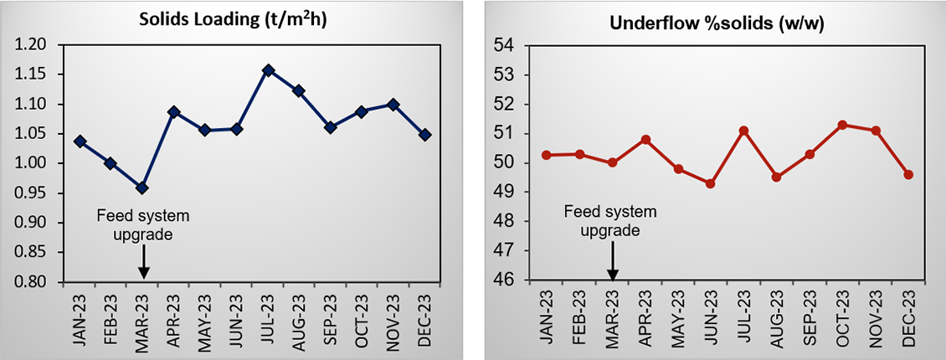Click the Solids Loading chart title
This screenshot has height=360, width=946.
(x=232, y=21)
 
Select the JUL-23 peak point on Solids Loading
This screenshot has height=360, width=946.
(x=268, y=70)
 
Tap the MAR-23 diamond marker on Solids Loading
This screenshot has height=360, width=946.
(x=143, y=188)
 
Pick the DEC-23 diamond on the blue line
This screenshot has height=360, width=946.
(x=424, y=135)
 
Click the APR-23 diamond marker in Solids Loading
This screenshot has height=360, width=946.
(x=174, y=111)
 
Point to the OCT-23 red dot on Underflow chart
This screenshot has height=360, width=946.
(x=841, y=125)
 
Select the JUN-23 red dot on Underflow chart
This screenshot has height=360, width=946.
(x=711, y=183)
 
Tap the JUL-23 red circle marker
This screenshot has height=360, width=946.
(x=743, y=131)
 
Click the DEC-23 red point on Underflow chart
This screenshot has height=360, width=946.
(x=907, y=174)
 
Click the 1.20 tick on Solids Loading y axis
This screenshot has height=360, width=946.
(x=38, y=45)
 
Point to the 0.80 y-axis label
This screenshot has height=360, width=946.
(x=38, y=282)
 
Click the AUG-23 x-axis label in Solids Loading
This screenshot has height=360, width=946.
(x=300, y=316)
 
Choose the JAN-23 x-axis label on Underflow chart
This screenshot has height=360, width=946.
(x=548, y=316)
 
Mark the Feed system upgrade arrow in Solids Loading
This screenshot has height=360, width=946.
(x=143, y=261)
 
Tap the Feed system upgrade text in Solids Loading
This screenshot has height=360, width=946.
(x=144, y=225)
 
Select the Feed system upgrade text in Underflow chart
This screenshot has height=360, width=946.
(x=609, y=221)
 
